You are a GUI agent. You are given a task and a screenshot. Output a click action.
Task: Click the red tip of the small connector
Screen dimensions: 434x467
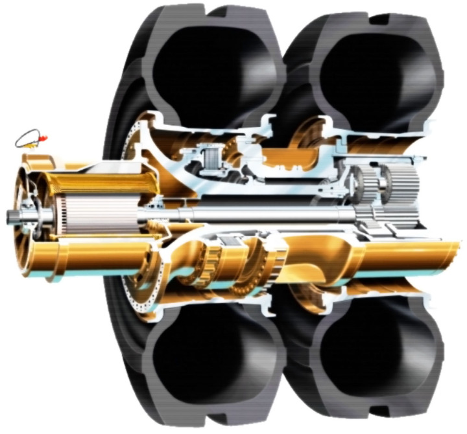click(x=42, y=137)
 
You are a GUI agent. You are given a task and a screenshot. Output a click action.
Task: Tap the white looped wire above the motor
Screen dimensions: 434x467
click(x=29, y=137)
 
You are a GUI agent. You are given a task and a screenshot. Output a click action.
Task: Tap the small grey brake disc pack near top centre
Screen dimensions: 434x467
click(x=210, y=159)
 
